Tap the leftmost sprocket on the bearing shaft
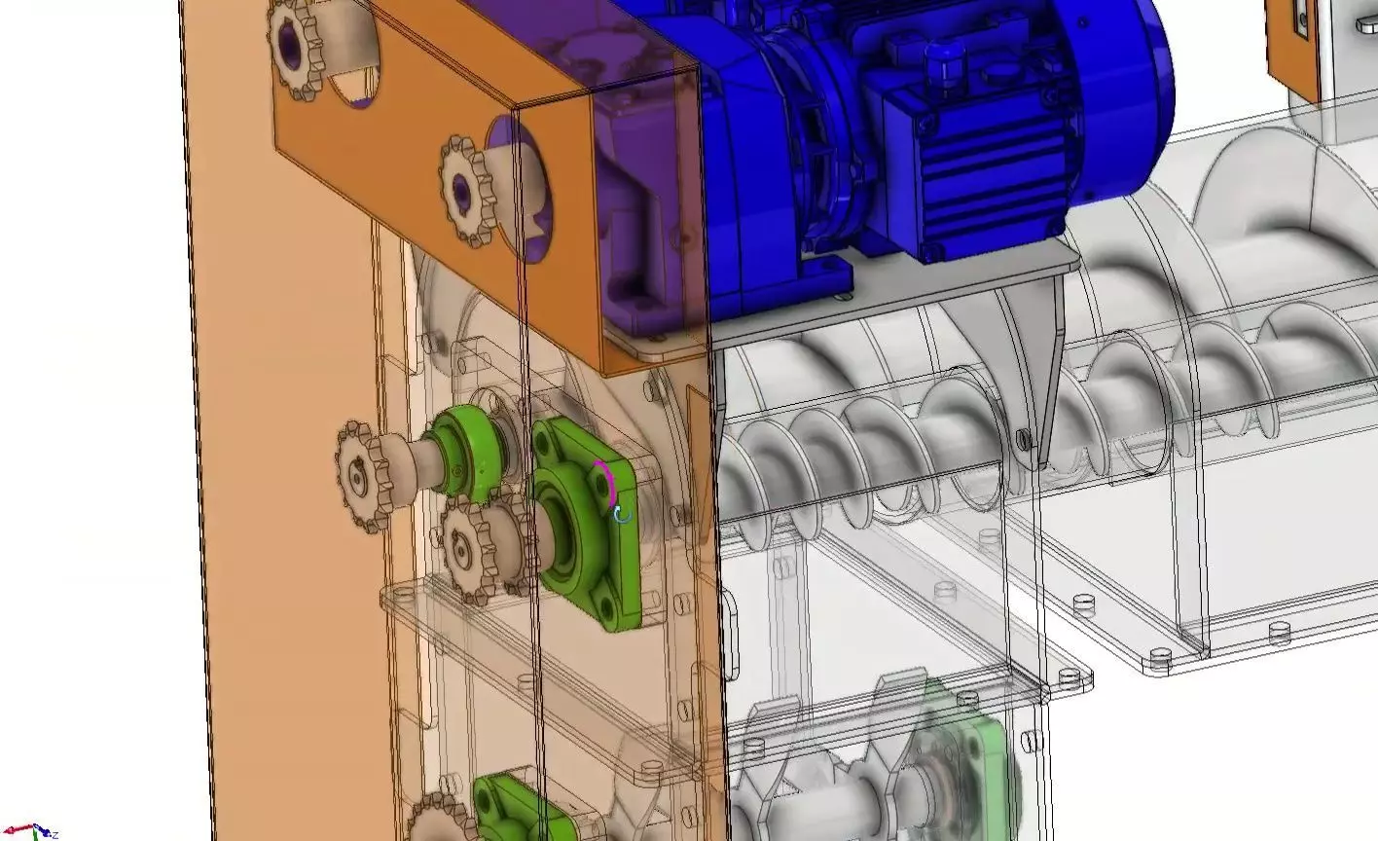point(363,476)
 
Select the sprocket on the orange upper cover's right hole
point(470,184)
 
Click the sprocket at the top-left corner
point(298,46)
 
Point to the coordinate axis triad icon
point(37,830)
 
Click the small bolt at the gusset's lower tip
point(1024,438)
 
